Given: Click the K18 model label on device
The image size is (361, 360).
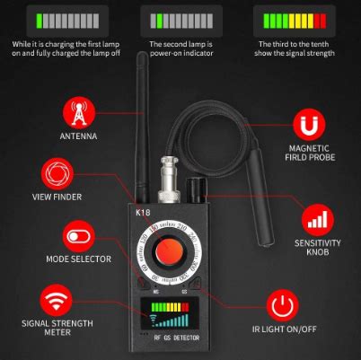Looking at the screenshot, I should (143, 213).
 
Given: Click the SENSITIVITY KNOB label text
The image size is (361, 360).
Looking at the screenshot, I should (313, 248).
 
